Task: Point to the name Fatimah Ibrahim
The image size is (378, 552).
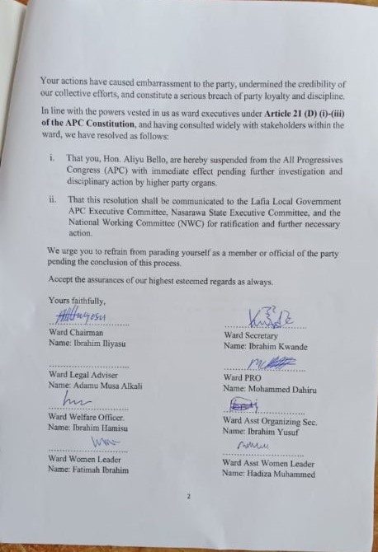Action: click(91, 469)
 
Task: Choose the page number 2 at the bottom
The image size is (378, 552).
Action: click(189, 497)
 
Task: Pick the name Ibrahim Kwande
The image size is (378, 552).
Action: click(266, 347)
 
